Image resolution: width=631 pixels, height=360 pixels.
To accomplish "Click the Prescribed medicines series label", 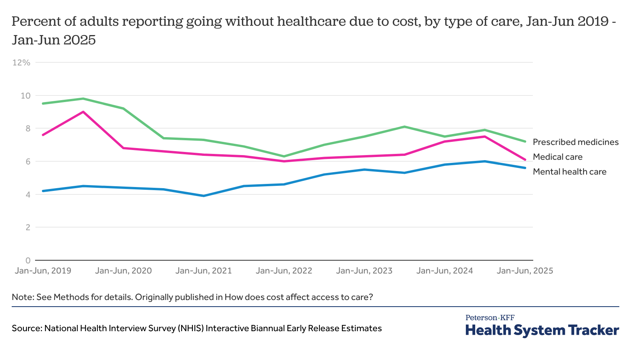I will pyautogui.click(x=575, y=142).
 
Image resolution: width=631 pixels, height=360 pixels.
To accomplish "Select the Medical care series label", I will pyautogui.click(x=557, y=157).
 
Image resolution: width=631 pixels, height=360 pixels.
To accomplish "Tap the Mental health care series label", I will pyautogui.click(x=569, y=171).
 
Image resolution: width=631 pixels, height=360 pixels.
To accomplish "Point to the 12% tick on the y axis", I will pyautogui.click(x=21, y=62).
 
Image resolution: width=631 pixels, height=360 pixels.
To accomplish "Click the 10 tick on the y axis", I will pyautogui.click(x=26, y=95).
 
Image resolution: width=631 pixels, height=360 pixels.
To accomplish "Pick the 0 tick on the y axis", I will pyautogui.click(x=28, y=260).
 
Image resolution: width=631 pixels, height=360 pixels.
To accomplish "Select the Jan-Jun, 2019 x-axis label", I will pyautogui.click(x=43, y=270).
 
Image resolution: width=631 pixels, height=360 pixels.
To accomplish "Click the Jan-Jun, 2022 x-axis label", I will pyautogui.click(x=284, y=270).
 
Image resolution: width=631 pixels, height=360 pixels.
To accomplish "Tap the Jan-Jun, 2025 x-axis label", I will pyautogui.click(x=525, y=270).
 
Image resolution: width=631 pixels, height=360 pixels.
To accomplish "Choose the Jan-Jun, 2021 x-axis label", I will pyautogui.click(x=203, y=270).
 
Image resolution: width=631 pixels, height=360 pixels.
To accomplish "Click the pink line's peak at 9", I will pyautogui.click(x=83, y=112).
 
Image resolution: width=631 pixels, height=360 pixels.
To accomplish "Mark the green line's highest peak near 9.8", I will pyautogui.click(x=83, y=99).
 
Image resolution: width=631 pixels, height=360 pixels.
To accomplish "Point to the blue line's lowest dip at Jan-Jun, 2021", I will pyautogui.click(x=204, y=196).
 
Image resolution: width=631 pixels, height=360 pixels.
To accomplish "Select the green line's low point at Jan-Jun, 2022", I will pyautogui.click(x=284, y=156).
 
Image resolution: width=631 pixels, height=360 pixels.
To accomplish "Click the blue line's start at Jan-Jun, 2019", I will pyautogui.click(x=43, y=191).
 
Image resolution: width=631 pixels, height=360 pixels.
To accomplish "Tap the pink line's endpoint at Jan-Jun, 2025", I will pyautogui.click(x=525, y=160).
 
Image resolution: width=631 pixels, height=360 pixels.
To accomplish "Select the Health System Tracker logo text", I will pyautogui.click(x=542, y=330).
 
